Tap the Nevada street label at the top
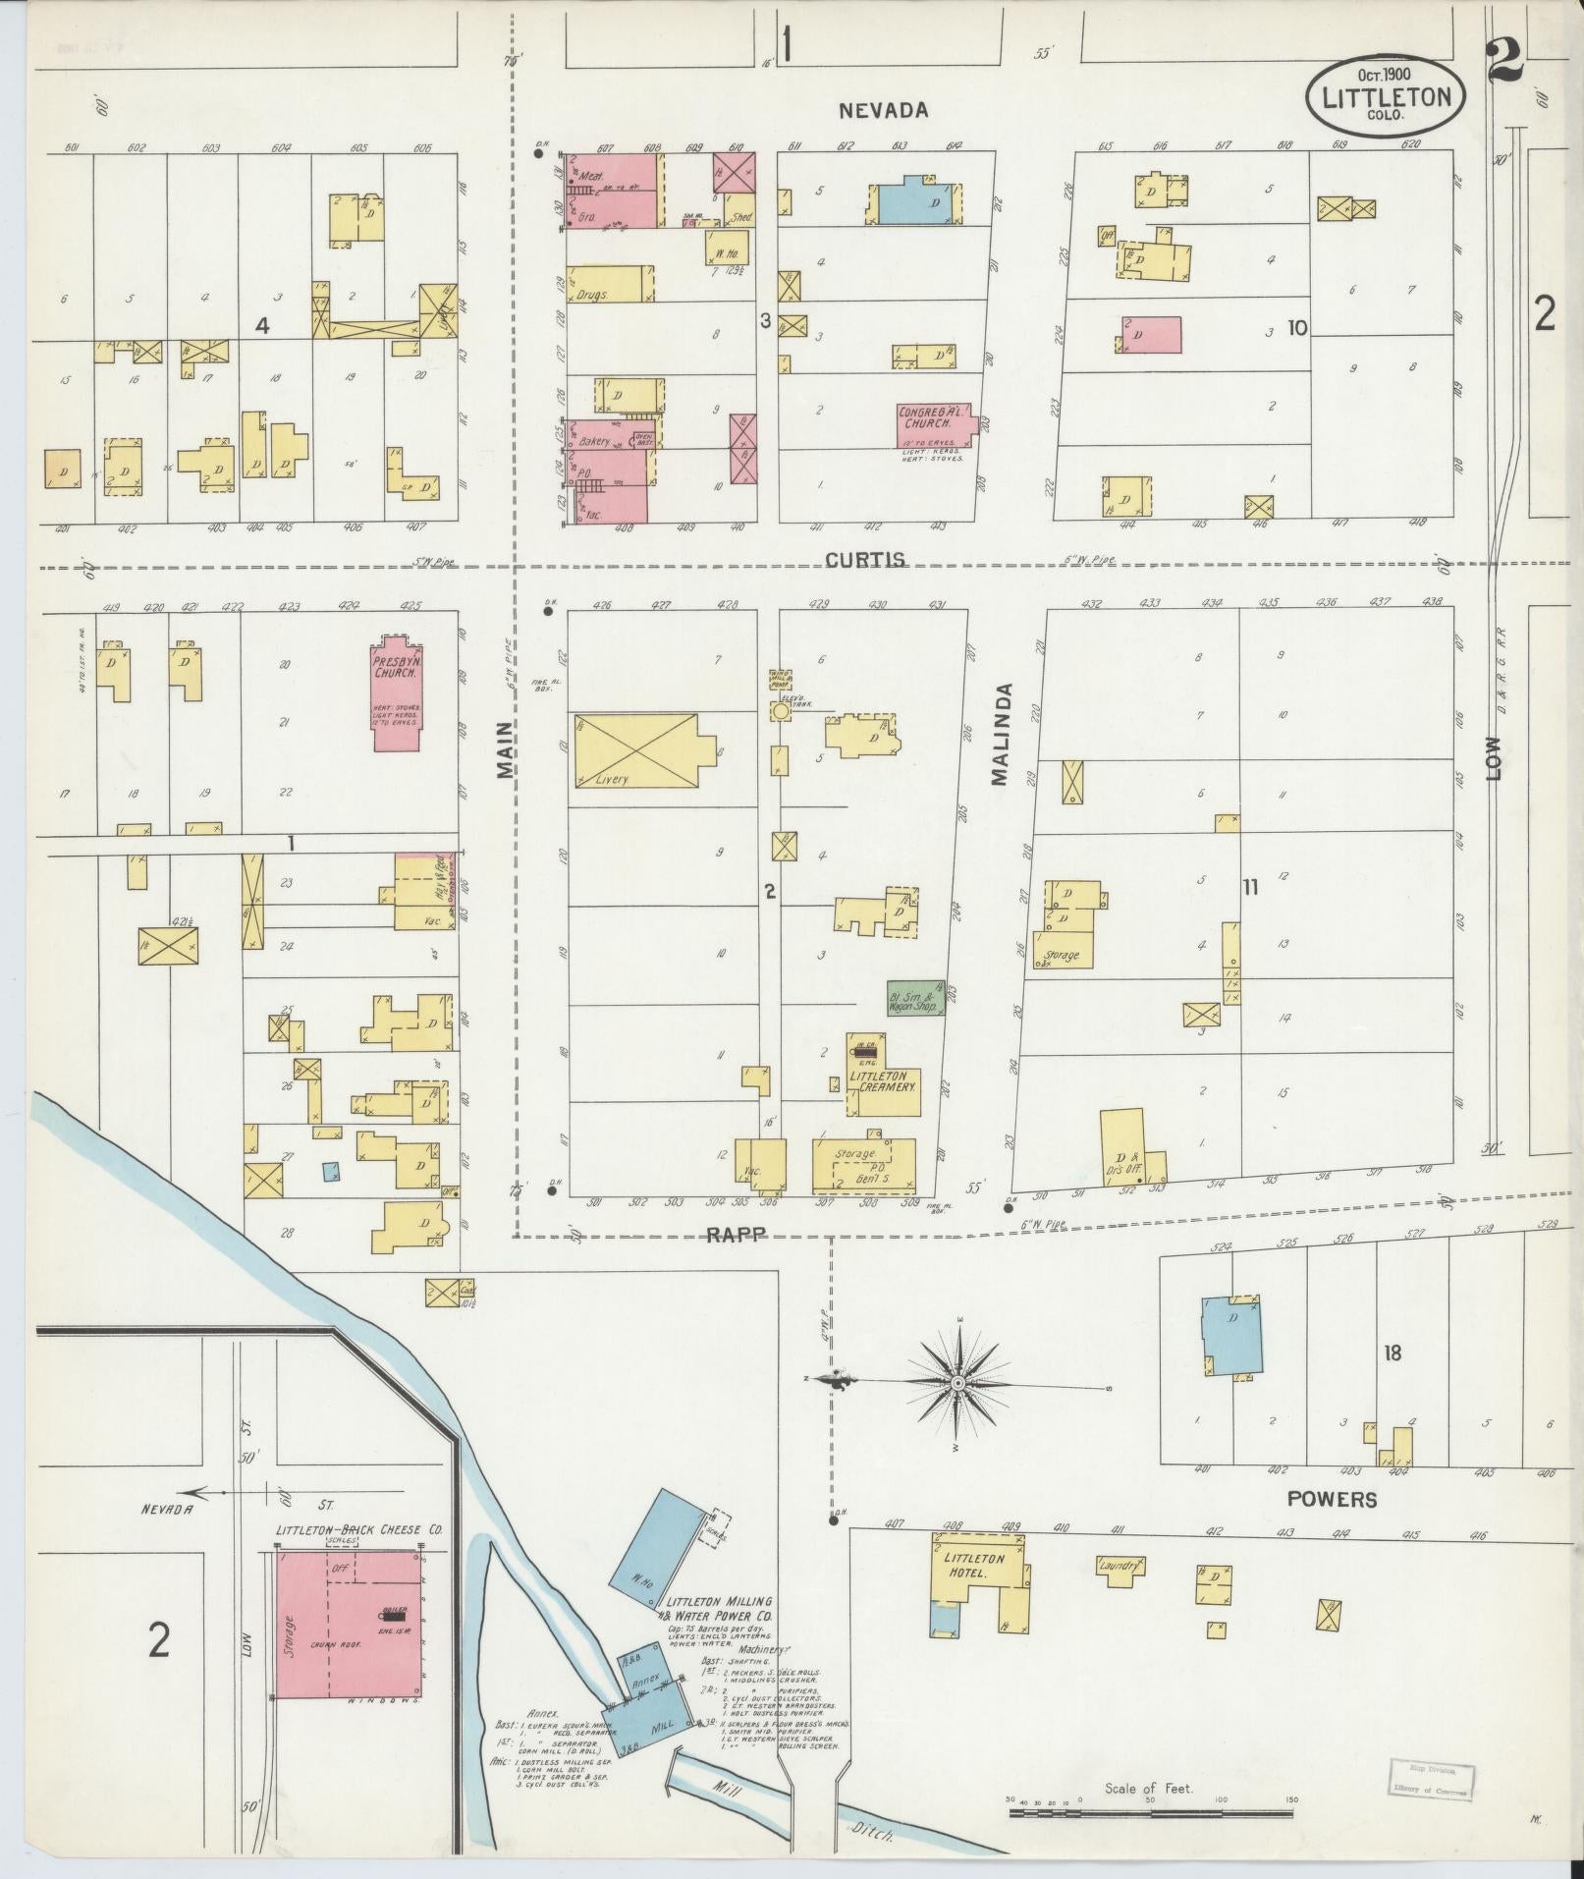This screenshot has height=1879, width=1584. (x=883, y=110)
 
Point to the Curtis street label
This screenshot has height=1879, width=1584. (x=864, y=560)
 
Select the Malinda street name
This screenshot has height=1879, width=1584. (x=1000, y=735)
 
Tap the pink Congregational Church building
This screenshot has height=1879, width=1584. (x=931, y=425)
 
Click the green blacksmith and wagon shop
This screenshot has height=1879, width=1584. (x=914, y=997)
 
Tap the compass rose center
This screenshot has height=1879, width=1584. (x=956, y=1383)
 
